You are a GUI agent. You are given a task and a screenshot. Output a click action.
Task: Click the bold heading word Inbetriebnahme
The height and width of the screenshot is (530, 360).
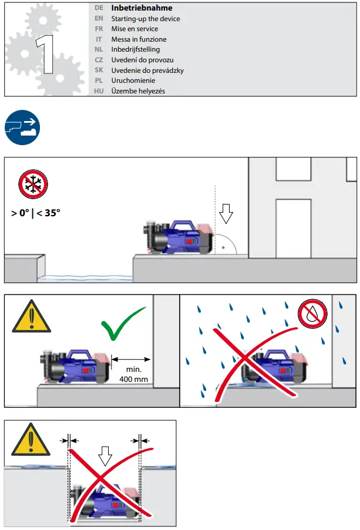(142, 8)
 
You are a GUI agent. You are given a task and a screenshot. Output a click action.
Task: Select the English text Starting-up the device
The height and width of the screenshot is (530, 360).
(146, 19)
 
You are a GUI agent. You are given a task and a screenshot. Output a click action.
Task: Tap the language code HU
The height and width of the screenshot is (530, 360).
(99, 91)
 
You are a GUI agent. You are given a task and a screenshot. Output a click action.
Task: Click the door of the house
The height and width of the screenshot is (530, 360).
(292, 228)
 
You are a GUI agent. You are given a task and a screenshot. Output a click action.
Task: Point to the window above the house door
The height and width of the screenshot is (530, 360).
(292, 169)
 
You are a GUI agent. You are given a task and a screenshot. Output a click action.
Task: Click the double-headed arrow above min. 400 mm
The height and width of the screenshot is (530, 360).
(131, 358)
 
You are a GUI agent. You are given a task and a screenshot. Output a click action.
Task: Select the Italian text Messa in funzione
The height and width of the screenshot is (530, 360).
(140, 39)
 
